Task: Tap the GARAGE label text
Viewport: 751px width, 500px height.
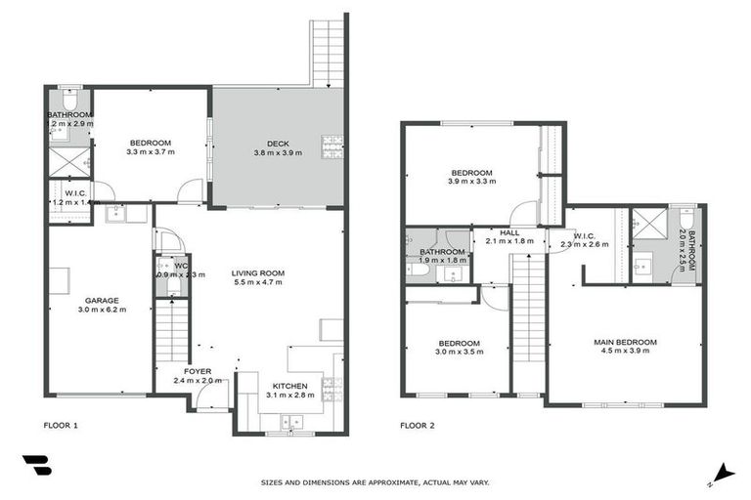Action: pyautogui.click(x=101, y=300)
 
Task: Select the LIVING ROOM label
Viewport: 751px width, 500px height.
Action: pyautogui.click(x=257, y=272)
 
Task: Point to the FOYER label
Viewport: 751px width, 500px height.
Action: pyautogui.click(x=198, y=371)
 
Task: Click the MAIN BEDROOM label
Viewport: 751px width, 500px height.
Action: pyautogui.click(x=625, y=342)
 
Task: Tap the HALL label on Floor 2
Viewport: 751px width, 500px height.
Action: pyautogui.click(x=508, y=232)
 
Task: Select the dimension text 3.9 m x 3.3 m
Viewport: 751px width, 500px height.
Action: pyautogui.click(x=470, y=182)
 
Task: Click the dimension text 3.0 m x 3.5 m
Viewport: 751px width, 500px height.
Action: pyautogui.click(x=458, y=353)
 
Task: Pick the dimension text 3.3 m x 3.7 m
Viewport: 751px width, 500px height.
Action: pyautogui.click(x=150, y=152)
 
